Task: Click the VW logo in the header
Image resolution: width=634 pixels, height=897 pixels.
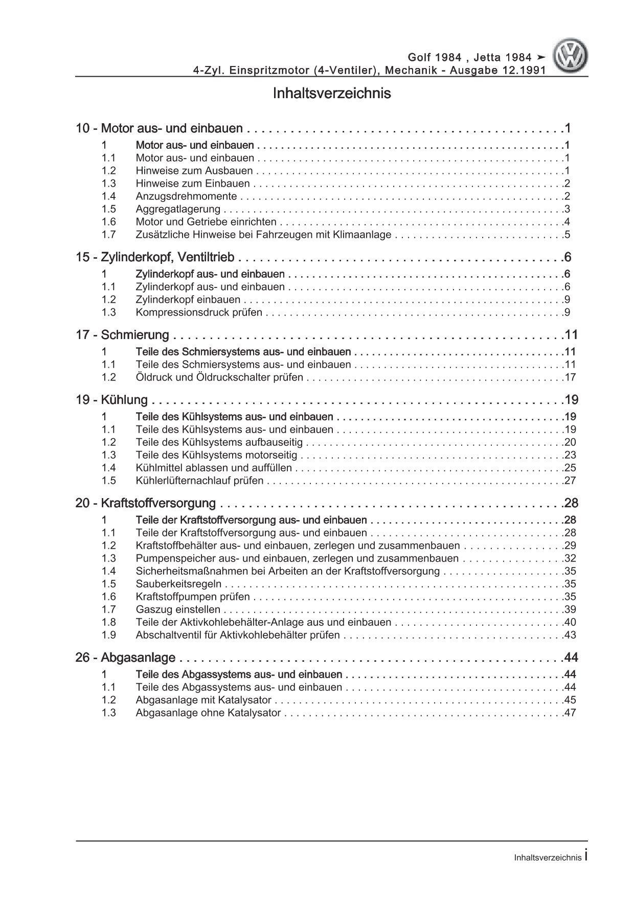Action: pos(572,57)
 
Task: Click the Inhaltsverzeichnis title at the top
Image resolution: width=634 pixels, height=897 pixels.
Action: pos(332,94)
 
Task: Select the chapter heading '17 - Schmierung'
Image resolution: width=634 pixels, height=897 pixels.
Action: pos(122,335)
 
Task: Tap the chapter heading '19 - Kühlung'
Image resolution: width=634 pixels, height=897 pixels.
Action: pos(111,400)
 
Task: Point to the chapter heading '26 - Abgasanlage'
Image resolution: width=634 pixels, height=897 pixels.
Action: pos(125,658)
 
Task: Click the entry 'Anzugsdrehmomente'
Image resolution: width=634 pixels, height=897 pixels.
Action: pos(186,196)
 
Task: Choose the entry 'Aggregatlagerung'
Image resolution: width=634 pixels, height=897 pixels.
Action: pos(178,209)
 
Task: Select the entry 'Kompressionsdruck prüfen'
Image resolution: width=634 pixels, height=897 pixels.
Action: pos(199,312)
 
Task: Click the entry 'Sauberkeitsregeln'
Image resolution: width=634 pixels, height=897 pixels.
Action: pos(178,584)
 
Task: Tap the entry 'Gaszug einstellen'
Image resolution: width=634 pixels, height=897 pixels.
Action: pos(178,610)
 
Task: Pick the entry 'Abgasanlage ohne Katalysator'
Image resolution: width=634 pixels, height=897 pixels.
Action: pos(208,713)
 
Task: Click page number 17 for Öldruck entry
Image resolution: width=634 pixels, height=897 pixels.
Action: pos(570,377)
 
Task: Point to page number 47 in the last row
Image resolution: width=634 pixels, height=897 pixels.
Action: pos(570,713)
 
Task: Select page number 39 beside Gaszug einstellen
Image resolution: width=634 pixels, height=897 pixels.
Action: pos(570,610)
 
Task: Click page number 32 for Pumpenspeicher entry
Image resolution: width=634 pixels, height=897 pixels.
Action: pos(570,558)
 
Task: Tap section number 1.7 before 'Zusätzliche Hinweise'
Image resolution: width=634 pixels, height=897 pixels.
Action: pos(108,235)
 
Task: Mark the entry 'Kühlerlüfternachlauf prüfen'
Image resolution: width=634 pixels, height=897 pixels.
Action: pos(199,481)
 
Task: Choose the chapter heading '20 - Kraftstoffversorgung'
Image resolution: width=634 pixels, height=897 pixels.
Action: pos(146,503)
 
